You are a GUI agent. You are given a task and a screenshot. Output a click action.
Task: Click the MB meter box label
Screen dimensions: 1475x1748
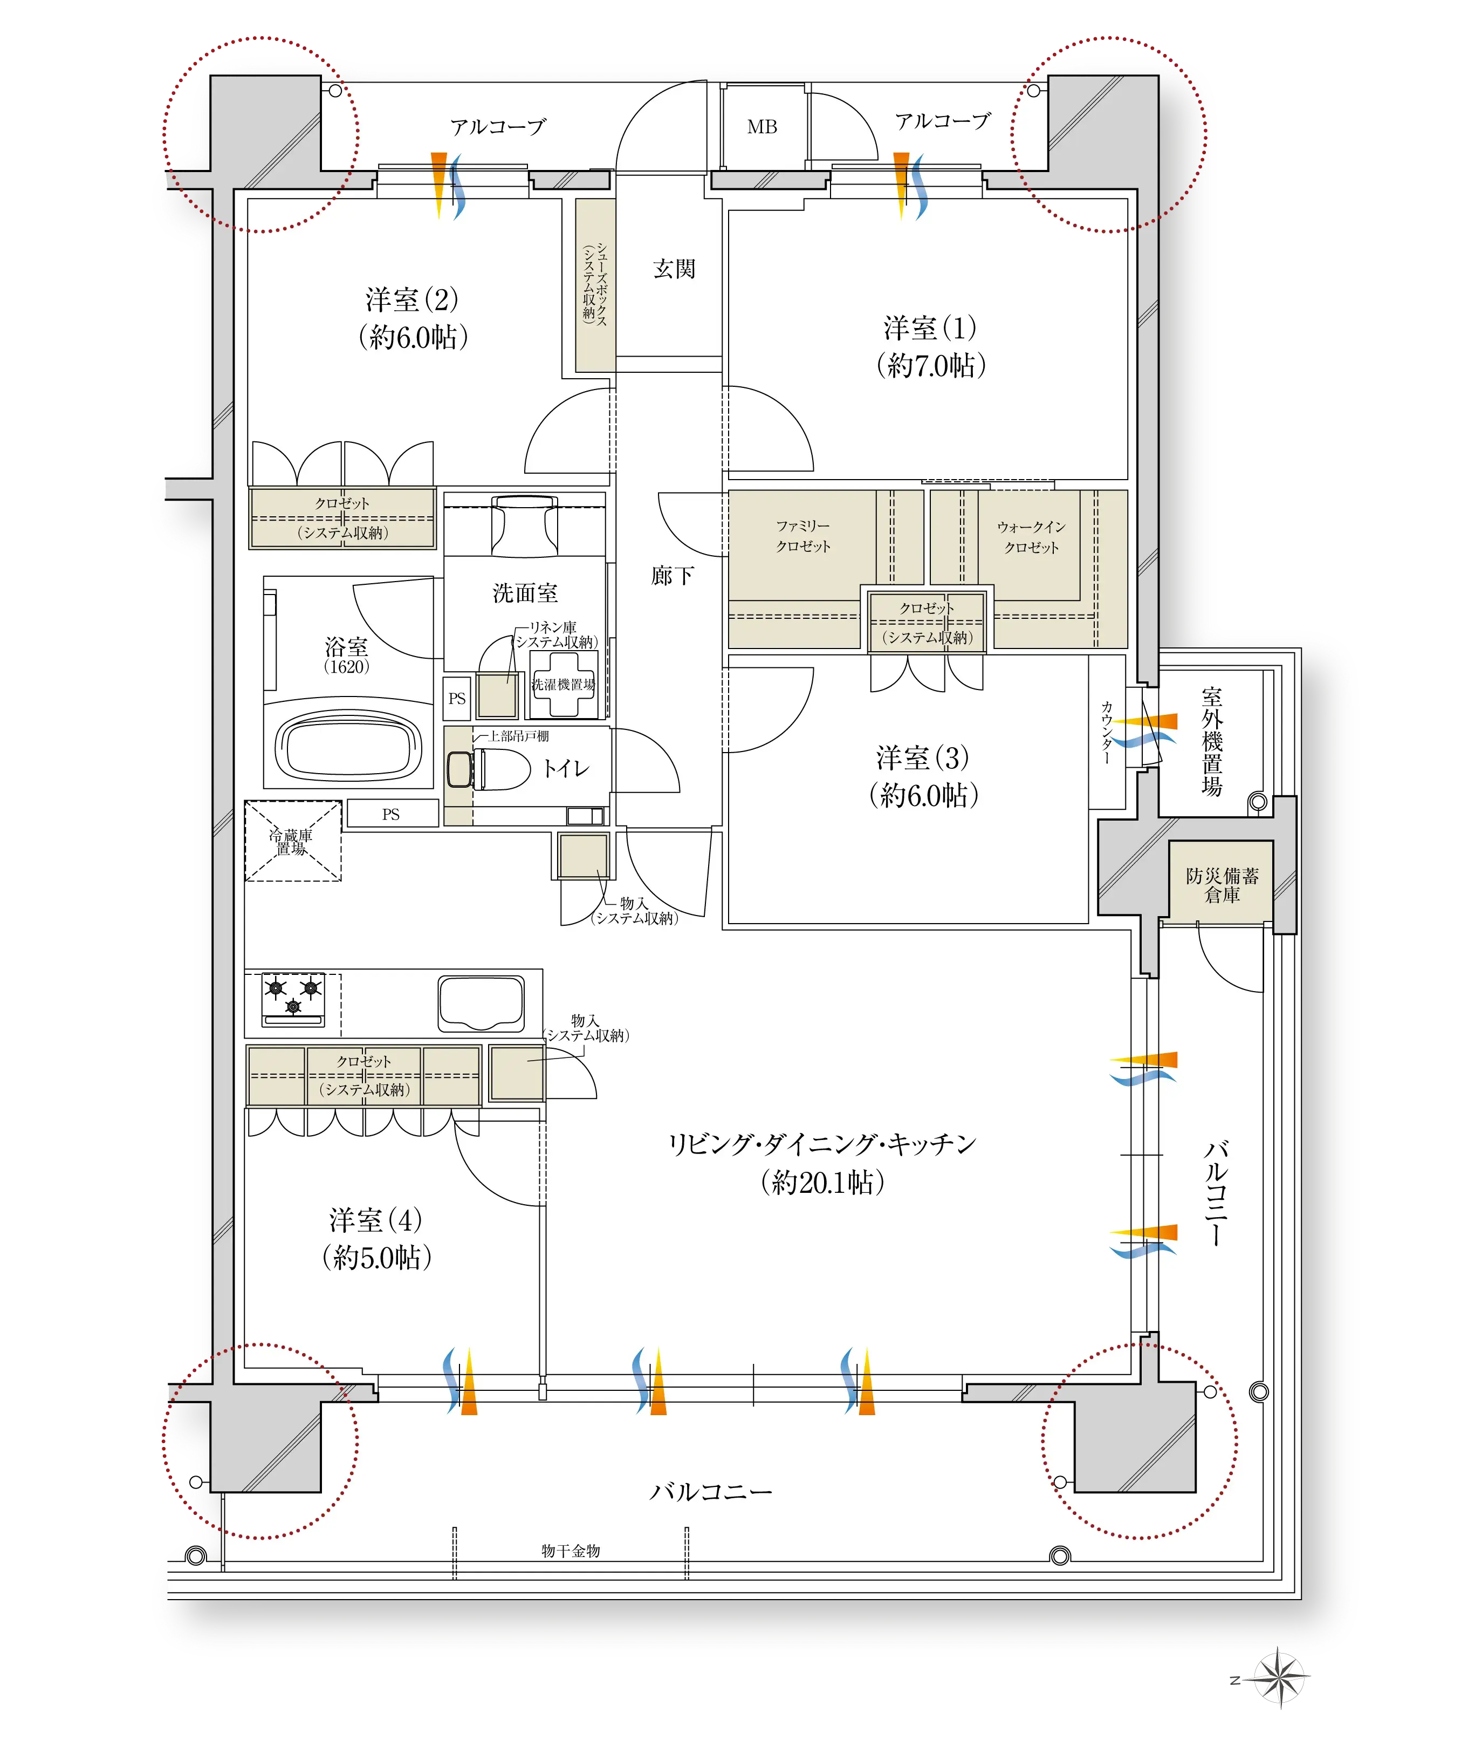click(761, 127)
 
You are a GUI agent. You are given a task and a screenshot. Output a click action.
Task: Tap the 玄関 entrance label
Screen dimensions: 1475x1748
click(674, 269)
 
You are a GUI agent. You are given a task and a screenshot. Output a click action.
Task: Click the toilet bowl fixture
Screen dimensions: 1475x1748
click(489, 769)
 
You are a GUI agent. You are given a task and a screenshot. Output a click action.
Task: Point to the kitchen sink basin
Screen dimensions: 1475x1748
click(482, 1003)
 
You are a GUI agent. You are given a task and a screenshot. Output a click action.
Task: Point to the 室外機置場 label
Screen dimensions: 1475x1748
click(1212, 741)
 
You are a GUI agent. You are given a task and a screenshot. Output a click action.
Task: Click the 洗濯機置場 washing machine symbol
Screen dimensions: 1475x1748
click(564, 684)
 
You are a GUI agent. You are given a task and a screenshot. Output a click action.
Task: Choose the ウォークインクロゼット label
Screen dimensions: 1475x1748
click(1031, 537)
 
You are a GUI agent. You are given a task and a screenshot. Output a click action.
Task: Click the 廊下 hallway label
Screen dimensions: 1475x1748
click(673, 576)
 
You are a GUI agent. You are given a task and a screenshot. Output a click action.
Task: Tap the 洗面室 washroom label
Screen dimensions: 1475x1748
click(525, 593)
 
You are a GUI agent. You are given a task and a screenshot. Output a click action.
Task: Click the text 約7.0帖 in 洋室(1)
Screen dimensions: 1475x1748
click(931, 365)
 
